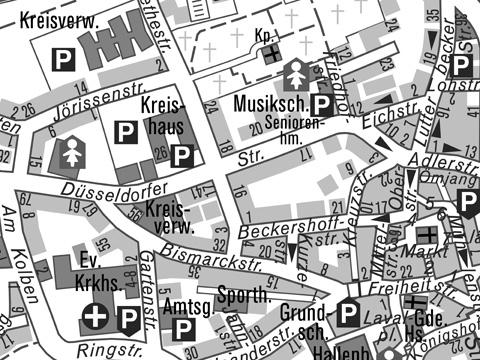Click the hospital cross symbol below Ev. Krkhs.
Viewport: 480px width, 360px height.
coord(96,317)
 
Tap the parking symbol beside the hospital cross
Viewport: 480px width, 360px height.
coord(129,319)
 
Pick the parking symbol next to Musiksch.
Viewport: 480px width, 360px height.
coord(322,105)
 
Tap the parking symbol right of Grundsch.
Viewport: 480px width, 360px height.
coord(347,314)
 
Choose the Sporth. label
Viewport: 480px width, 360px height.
coord(244,294)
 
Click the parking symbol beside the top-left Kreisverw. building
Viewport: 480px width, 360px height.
coord(62,60)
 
